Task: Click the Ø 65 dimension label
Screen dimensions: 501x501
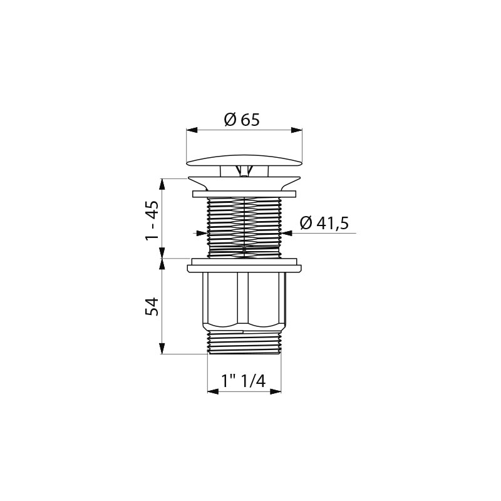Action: [242, 120]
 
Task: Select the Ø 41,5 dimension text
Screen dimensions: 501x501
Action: [324, 223]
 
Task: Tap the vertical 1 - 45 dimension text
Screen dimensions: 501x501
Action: [152, 221]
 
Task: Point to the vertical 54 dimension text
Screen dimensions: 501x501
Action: [152, 306]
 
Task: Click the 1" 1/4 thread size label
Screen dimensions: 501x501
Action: [244, 381]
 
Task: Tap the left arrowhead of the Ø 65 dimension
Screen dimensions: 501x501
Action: [191, 130]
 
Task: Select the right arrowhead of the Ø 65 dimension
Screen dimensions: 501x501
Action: [297, 130]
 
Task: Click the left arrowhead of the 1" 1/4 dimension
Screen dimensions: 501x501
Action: [213, 391]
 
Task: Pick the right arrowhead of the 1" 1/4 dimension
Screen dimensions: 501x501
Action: [276, 391]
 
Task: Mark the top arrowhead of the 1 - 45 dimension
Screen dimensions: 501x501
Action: [162, 184]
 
